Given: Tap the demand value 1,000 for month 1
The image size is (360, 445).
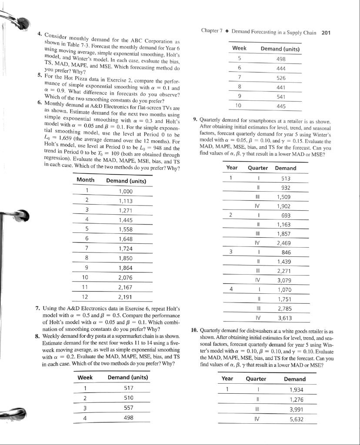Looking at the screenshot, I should (x=126, y=191).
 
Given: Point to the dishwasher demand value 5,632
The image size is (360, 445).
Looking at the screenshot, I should (x=295, y=419).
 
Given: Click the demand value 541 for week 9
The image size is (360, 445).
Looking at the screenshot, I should (x=280, y=96).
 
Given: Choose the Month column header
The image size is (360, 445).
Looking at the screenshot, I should (x=86, y=180).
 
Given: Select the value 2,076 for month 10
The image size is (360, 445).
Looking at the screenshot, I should (x=126, y=277).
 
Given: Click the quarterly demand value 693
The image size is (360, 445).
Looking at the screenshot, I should (x=286, y=216).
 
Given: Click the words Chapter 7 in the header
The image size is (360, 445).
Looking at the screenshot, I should (x=212, y=32).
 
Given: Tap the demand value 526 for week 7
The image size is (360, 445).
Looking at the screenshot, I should (x=280, y=77).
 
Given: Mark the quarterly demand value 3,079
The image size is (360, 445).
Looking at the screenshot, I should (x=285, y=280).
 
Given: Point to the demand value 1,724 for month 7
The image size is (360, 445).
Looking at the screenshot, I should (x=126, y=249).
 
